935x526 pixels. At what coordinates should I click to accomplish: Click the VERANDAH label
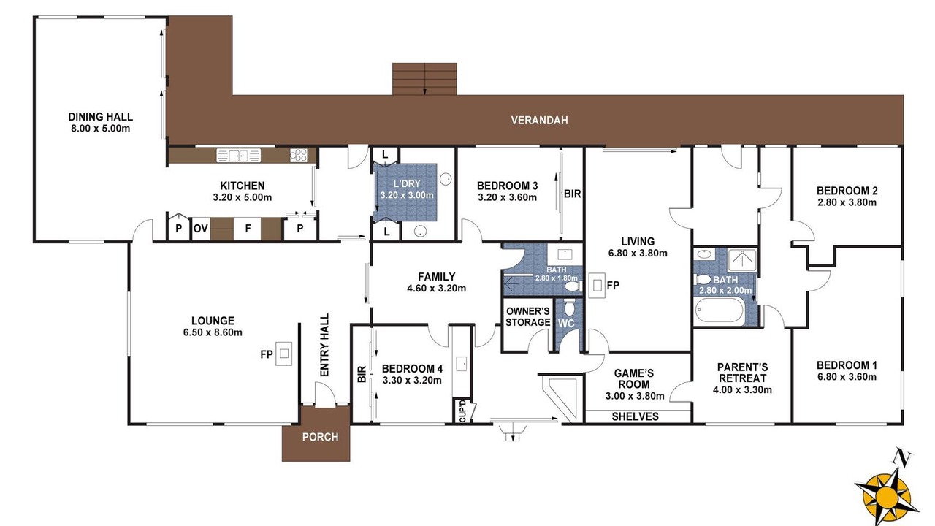tap(539, 121)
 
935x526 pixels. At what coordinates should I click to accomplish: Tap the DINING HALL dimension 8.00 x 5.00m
tap(101, 128)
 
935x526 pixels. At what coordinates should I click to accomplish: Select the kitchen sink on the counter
tap(238, 156)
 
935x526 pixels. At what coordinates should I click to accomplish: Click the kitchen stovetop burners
tap(299, 156)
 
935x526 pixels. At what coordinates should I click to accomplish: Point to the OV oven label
tap(201, 229)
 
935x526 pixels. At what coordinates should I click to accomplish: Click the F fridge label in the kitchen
tap(248, 229)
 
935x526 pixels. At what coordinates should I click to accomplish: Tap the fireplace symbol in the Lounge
tap(284, 354)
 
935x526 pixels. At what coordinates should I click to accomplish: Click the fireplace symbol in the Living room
tap(597, 286)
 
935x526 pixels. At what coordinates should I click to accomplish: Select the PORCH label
tap(320, 437)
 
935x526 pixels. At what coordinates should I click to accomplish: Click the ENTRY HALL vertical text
tap(324, 346)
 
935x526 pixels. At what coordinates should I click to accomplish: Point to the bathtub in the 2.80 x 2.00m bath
tap(720, 310)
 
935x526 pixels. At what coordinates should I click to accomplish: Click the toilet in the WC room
tap(569, 308)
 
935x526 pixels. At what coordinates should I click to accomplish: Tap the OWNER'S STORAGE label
tap(528, 317)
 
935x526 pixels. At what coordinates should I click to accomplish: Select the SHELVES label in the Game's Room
tap(636, 416)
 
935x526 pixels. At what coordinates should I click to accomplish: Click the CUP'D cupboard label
tap(462, 411)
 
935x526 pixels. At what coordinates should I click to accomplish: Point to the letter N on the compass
tap(902, 457)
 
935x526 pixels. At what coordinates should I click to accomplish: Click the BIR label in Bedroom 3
tap(572, 194)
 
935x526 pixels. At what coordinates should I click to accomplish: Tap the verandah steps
tap(424, 79)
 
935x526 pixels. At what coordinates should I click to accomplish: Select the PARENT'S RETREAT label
tap(742, 373)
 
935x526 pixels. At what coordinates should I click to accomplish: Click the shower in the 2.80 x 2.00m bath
tap(742, 260)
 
